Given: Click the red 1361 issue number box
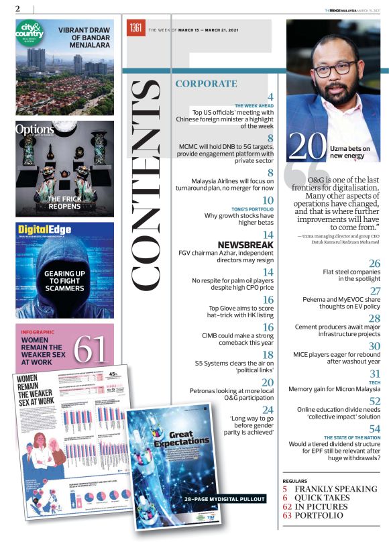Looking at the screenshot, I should coord(136,28).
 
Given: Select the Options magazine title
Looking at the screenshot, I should coord(35,129).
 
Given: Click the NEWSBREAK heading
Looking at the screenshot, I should coord(245,245).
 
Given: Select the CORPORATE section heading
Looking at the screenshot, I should coord(206,84).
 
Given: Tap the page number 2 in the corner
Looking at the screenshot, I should coord(19,7).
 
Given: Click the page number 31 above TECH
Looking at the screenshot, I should coord(375,373).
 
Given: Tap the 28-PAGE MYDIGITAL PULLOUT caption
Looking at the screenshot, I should coord(223,498).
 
